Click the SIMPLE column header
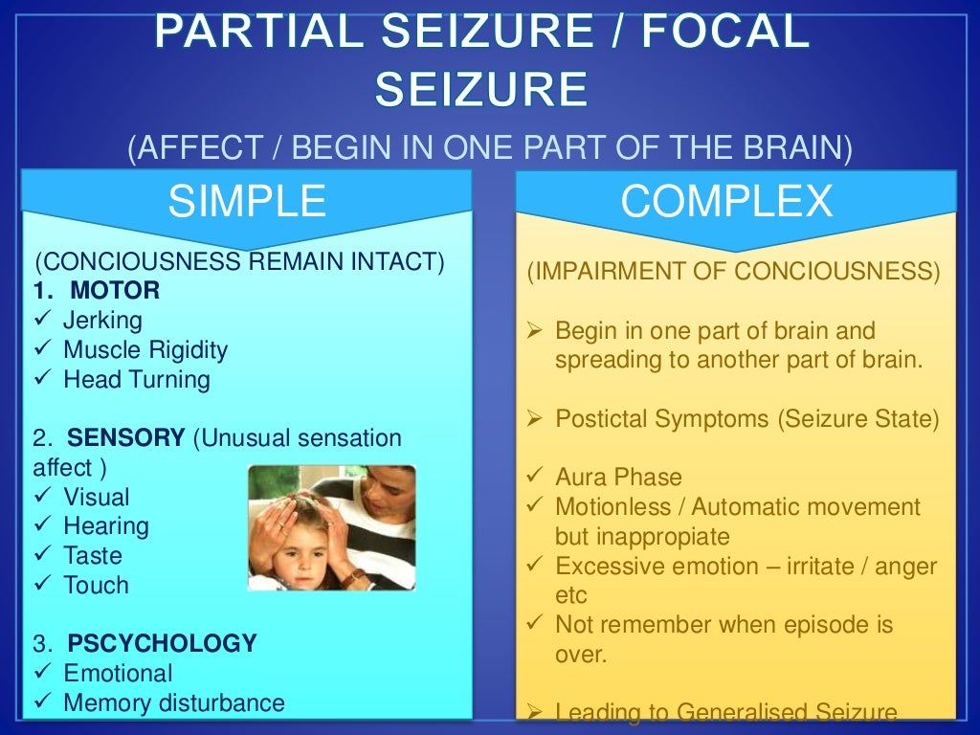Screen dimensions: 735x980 (247, 202)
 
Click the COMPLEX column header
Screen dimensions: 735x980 (726, 202)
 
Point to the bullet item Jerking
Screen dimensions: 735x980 (102, 320)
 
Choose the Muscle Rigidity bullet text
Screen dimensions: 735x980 (145, 349)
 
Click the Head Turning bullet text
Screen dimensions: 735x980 (137, 379)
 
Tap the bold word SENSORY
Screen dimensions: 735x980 (126, 438)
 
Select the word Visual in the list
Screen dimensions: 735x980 (97, 498)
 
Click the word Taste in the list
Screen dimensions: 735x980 (93, 556)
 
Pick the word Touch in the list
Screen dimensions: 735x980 (96, 586)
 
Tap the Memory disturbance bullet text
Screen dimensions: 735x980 (174, 703)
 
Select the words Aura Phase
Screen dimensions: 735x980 (618, 477)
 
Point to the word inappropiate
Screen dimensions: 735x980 (642, 536)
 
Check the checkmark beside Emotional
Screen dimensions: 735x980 (41, 673)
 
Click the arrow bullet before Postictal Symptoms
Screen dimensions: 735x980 (536, 418)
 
